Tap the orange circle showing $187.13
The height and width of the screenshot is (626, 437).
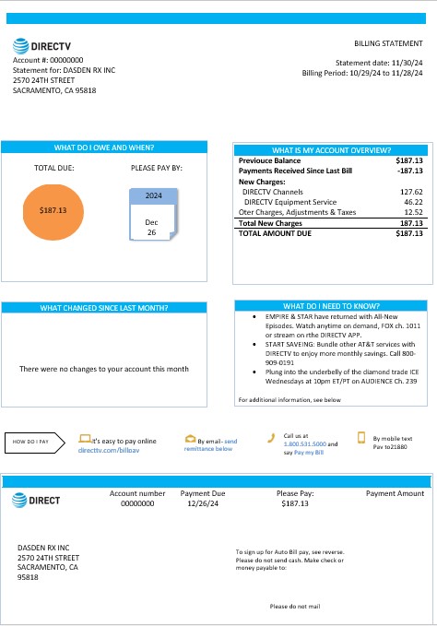[53, 210]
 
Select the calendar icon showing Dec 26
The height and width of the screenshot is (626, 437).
[153, 213]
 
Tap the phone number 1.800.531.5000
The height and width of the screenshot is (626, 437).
[304, 443]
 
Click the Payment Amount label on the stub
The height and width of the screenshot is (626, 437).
[395, 493]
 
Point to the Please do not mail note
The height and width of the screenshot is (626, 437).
[294, 606]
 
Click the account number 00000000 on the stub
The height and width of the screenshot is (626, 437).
[137, 504]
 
